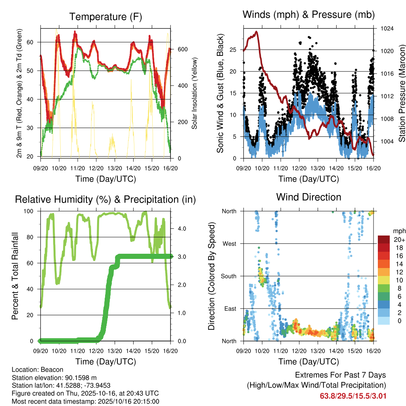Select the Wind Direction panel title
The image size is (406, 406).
point(308,197)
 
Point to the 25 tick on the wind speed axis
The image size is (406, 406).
point(234,50)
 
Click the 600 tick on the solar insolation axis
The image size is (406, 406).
point(182,49)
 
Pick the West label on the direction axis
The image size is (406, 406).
point(229,243)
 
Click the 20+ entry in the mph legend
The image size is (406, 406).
point(398,239)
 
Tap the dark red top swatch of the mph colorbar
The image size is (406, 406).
point(384,239)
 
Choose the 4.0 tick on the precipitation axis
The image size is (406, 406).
point(181,229)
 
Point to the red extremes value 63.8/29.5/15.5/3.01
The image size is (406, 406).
point(353,396)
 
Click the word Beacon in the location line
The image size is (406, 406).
point(47,370)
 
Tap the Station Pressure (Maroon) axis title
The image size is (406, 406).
point(402,93)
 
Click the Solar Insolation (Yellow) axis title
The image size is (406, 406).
point(194,93)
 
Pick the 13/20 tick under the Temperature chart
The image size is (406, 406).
point(115,169)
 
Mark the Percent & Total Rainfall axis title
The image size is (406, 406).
point(15,276)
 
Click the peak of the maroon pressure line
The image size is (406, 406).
point(257,32)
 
